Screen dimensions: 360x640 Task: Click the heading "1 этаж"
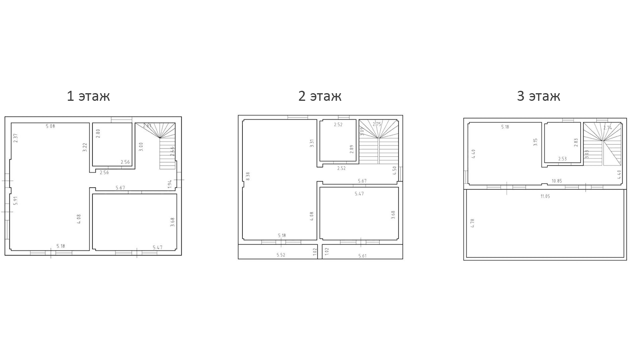[x=88, y=96]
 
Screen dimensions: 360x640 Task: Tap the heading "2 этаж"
[x=320, y=96]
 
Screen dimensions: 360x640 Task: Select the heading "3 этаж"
[x=538, y=96]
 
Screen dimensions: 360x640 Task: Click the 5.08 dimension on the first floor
[x=50, y=126]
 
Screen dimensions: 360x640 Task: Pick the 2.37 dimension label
[x=16, y=138]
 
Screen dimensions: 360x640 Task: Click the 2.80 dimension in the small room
[x=98, y=133]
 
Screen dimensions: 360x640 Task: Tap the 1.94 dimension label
[x=170, y=184]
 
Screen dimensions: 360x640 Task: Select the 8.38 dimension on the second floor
[x=248, y=176]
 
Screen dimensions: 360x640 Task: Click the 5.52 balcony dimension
[x=281, y=255]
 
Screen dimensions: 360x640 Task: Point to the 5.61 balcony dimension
[x=362, y=256]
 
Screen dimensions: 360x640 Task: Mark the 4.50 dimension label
[x=395, y=170]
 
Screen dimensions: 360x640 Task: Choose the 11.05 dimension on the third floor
[x=545, y=196]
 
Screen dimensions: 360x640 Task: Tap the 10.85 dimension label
[x=556, y=181]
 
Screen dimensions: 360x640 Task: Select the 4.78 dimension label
[x=473, y=223]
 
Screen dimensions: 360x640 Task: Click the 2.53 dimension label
[x=562, y=159]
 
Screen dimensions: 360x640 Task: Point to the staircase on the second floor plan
[x=378, y=142]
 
